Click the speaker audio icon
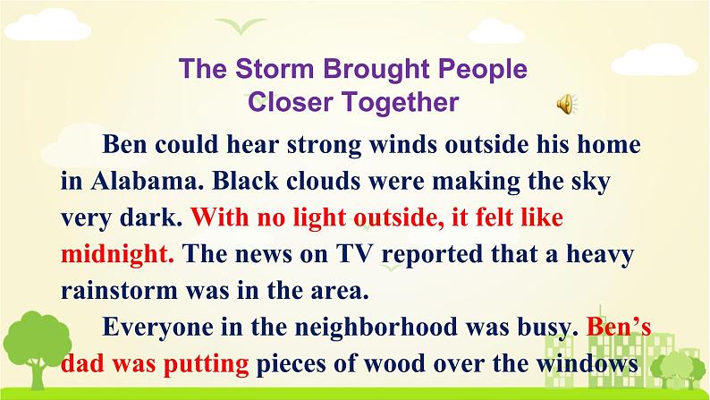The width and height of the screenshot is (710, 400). coord(567,104)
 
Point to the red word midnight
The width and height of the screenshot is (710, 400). coord(117,254)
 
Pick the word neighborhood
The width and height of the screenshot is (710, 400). coord(376,327)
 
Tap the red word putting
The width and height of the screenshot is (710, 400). coord(206,364)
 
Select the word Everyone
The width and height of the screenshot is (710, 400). coord(157,327)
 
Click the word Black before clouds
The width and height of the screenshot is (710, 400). coord(245,181)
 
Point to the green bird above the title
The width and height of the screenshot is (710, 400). coord(241,25)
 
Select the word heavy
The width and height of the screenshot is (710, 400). coord(600,255)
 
